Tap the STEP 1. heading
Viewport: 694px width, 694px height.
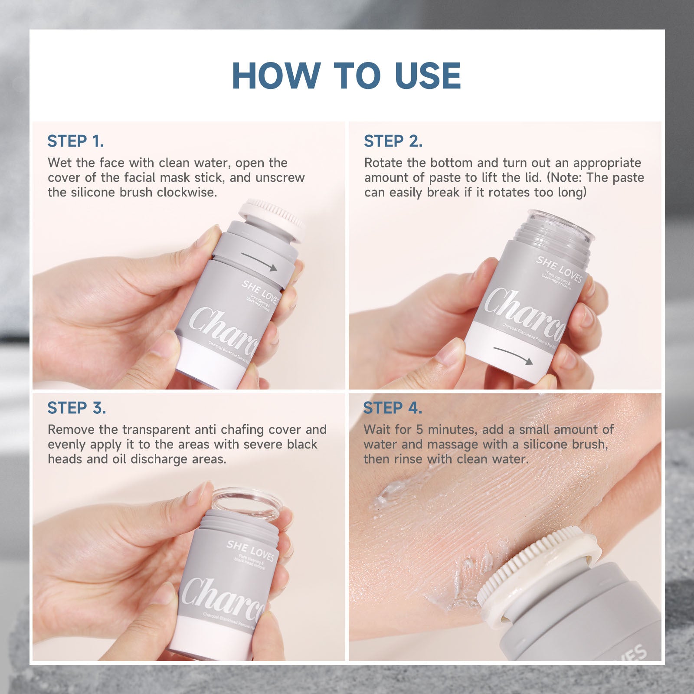(75, 141)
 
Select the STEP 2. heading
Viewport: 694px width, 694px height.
(393, 141)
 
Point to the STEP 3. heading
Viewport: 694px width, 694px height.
(76, 408)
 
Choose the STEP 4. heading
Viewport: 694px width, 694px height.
(392, 408)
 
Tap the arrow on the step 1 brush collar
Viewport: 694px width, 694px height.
(259, 262)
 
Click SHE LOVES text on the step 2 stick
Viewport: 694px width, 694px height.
(559, 269)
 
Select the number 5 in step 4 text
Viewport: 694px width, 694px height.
(419, 430)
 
